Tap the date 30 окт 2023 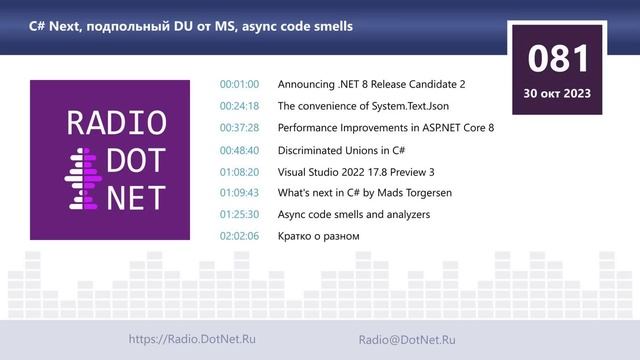pyautogui.click(x=558, y=93)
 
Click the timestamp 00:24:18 pyautogui.click(x=239, y=106)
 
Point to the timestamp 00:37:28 pyautogui.click(x=239, y=128)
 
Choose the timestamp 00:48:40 pyautogui.click(x=239, y=150)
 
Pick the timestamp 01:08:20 pyautogui.click(x=239, y=171)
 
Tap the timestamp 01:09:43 pyautogui.click(x=239, y=193)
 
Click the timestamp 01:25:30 pyautogui.click(x=239, y=214)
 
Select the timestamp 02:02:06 pyautogui.click(x=239, y=236)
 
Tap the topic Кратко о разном pyautogui.click(x=318, y=236)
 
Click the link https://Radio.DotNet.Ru pyautogui.click(x=192, y=340)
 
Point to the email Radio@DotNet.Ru pyautogui.click(x=407, y=340)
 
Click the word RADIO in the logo pyautogui.click(x=116, y=123)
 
